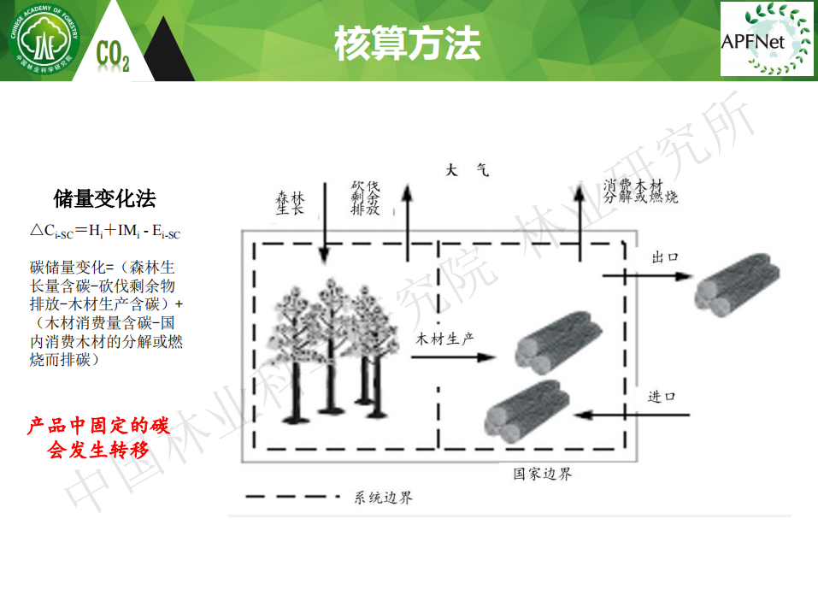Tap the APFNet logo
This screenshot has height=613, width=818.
pos(766,39)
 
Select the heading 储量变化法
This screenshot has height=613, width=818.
pos(104,200)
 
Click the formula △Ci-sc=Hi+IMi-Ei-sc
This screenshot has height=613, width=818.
pos(105,231)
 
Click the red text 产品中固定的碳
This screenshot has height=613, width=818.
pos(99,425)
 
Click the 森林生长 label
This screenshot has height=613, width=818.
pos(290,203)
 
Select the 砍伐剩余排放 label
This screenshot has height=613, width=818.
pos(365,197)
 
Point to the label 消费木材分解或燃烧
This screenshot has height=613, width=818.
pos(641,192)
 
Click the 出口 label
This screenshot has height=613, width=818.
pos(664,257)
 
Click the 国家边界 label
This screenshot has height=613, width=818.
pos(542,473)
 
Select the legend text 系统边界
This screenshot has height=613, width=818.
pos(383,498)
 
